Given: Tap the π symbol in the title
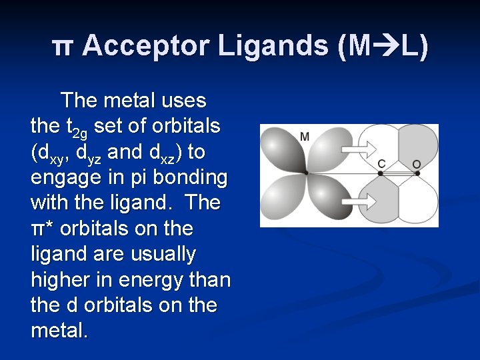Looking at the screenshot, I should (61, 47).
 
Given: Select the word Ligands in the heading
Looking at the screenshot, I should (273, 46).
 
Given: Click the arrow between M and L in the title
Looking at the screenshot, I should (385, 46).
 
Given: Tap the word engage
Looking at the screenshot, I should (61, 179).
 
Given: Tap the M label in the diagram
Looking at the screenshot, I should (305, 137).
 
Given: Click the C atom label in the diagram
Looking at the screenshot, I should (381, 163).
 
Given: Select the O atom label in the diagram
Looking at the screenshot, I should (417, 163).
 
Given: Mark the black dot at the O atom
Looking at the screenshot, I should (417, 173).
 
